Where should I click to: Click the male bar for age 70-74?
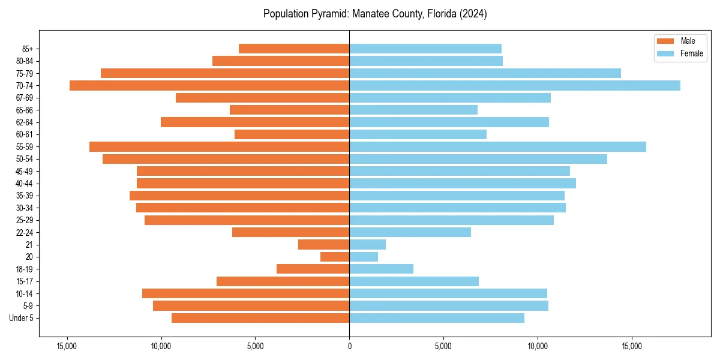tap(209, 85)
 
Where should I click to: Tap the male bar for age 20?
tap(335, 257)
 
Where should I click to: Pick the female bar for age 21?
tap(367, 244)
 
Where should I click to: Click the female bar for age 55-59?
tap(497, 146)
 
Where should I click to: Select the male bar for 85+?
tap(294, 49)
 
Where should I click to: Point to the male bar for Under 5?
tap(260, 318)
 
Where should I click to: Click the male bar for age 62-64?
tap(255, 122)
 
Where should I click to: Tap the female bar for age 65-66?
tap(413, 110)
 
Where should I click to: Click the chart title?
tap(375, 14)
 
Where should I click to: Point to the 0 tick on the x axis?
tap(349, 346)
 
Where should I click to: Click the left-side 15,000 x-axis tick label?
tap(67, 346)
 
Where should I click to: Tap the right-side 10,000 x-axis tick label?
tap(538, 346)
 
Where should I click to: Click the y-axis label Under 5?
tap(22, 318)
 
